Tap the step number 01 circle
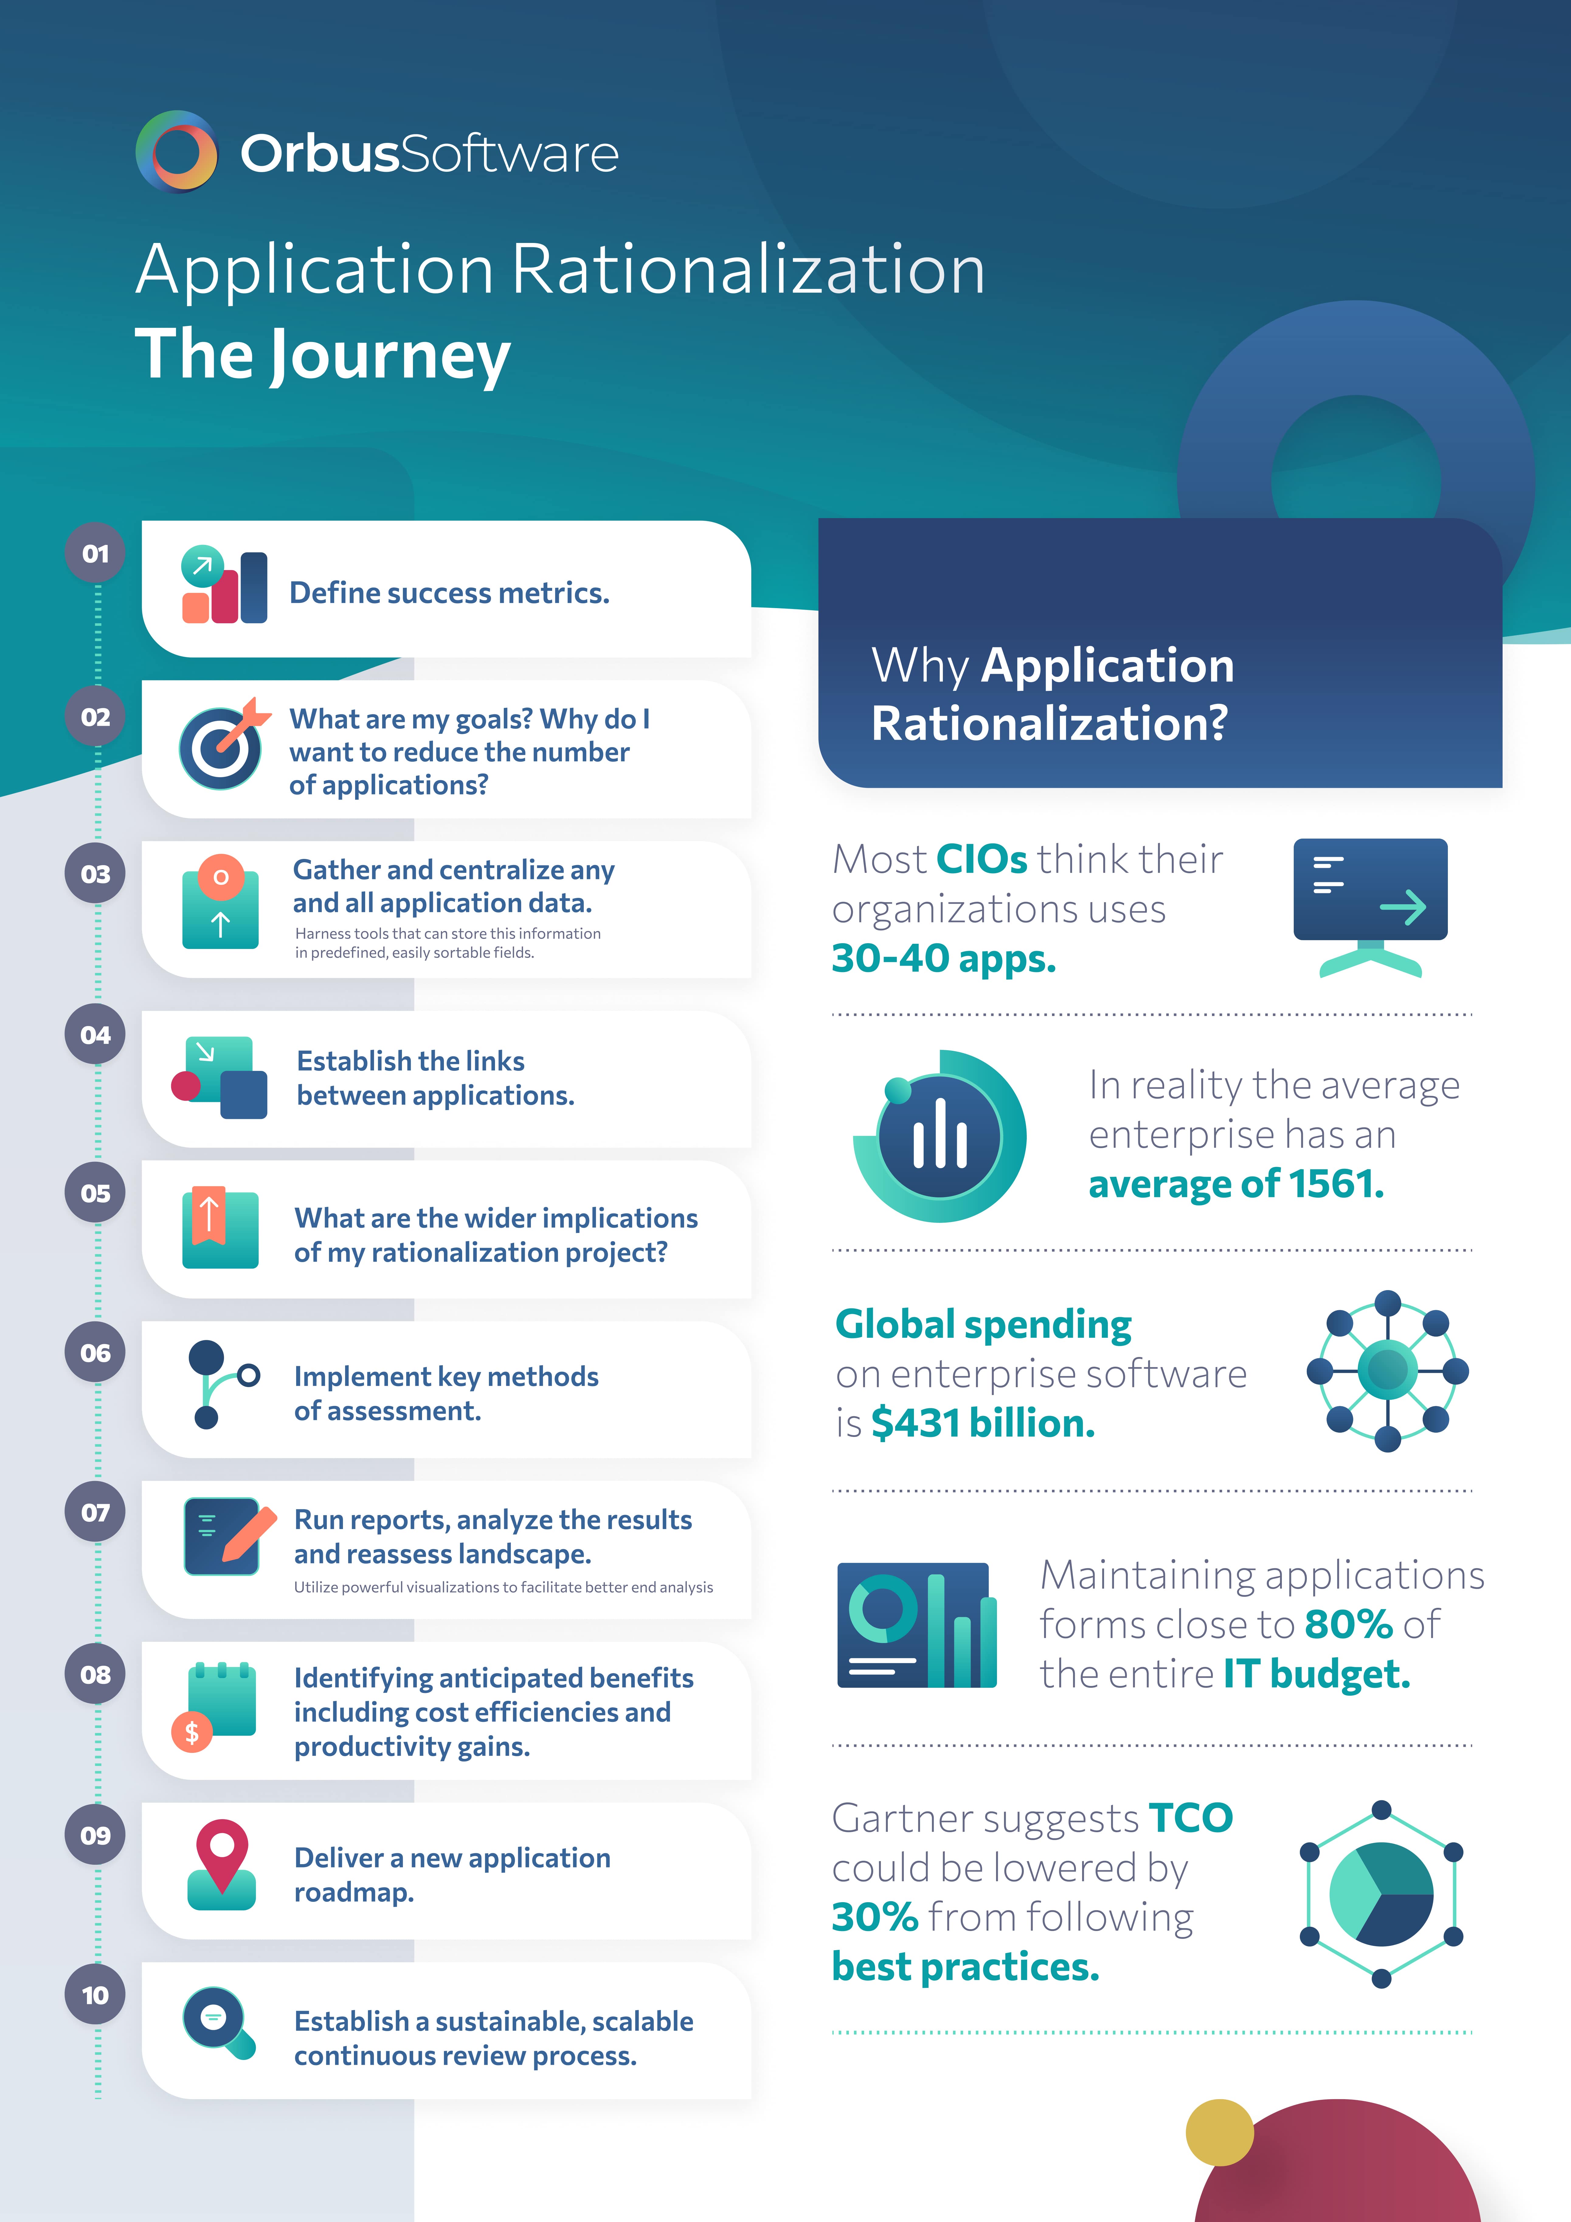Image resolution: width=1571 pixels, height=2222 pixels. click(95, 554)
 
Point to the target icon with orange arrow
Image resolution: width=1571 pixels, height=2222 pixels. click(223, 745)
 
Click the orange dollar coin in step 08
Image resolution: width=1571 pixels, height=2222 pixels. click(192, 1731)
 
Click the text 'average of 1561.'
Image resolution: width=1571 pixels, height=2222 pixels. click(1236, 1184)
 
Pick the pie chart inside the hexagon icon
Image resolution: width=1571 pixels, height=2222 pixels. click(1381, 1894)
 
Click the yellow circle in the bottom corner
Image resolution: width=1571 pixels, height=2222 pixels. click(1220, 2132)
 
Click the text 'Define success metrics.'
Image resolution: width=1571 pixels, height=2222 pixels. click(449, 592)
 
